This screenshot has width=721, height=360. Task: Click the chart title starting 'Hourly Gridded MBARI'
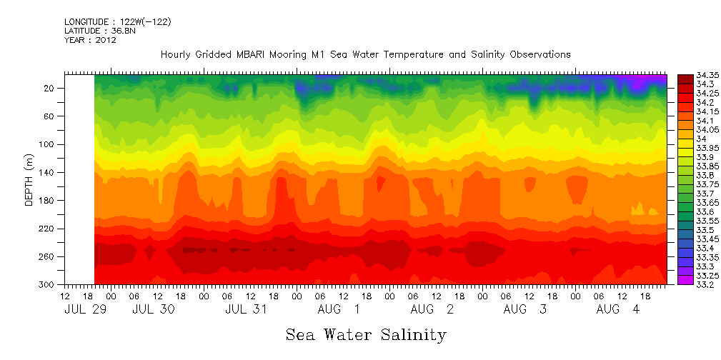(365, 54)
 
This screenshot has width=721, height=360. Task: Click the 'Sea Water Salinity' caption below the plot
(366, 334)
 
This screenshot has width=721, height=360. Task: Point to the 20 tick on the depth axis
(51, 88)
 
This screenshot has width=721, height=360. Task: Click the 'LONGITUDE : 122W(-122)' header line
(117, 22)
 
